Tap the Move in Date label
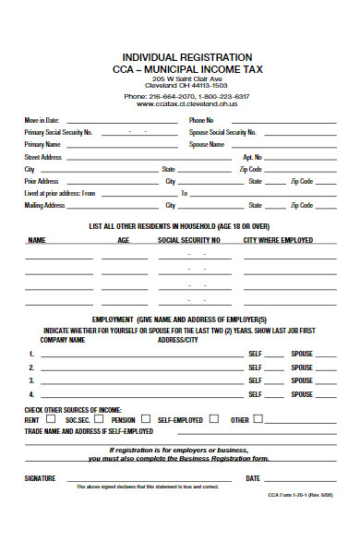click(42, 120)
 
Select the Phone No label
click(201, 120)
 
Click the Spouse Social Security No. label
click(222, 133)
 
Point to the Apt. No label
click(252, 157)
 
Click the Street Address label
click(43, 157)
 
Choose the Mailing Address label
click(44, 205)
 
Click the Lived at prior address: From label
click(60, 193)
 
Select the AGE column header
click(124, 240)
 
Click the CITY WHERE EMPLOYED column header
click(278, 240)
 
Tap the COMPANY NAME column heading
click(63, 340)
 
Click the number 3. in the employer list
click(31, 380)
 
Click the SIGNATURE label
click(40, 478)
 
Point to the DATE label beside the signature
click(252, 478)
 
